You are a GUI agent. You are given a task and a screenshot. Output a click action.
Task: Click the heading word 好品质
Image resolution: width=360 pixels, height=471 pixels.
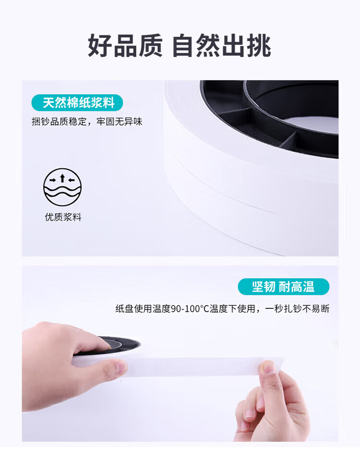(x=125, y=46)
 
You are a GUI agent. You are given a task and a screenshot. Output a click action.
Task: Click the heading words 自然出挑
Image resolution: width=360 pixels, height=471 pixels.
(x=222, y=46)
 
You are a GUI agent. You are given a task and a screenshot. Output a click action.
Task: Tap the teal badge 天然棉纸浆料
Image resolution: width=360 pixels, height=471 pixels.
(x=77, y=103)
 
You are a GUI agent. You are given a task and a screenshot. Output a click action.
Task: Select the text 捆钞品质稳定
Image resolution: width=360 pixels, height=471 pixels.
(x=59, y=122)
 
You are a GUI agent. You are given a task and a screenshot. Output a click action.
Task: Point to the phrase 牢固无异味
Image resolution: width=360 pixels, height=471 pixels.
(x=120, y=122)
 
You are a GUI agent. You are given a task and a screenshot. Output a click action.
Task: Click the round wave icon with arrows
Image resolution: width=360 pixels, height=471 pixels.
(x=62, y=187)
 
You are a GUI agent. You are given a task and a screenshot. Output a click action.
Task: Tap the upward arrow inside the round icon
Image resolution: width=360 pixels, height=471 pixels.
(x=62, y=178)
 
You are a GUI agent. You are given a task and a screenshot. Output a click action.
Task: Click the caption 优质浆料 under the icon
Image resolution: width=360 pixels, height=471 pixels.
(x=63, y=217)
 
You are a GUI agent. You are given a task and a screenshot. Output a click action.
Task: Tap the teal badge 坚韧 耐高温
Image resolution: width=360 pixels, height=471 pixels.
(x=283, y=286)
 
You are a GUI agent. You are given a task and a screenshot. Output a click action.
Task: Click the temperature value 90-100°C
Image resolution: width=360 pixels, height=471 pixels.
(x=190, y=309)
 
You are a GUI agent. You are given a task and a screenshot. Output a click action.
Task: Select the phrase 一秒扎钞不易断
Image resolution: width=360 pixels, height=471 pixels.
(x=297, y=309)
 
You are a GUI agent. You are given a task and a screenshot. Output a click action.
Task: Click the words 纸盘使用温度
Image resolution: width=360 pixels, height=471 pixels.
(x=143, y=309)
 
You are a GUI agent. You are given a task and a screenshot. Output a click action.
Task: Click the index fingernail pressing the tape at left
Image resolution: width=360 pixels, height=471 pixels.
(x=120, y=367)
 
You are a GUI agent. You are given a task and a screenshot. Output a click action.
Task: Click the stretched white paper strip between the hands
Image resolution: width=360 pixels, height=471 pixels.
(x=192, y=366)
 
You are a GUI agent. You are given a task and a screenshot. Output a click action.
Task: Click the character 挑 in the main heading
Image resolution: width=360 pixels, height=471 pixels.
(x=259, y=46)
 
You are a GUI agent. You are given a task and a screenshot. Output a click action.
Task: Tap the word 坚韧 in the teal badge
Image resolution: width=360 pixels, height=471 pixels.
(x=264, y=286)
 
